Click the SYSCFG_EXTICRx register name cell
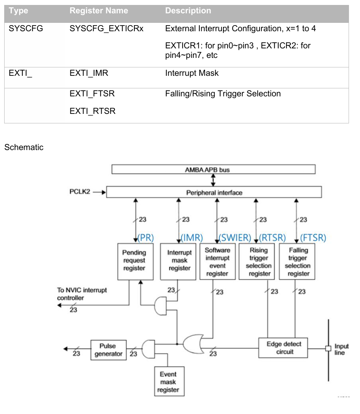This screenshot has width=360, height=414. pos(107,29)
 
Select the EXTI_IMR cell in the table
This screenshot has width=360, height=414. pos(89,73)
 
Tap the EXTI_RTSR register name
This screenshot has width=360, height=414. pos(92,111)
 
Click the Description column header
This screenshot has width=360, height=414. pos(188,11)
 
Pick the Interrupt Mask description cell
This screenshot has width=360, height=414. pos(192,73)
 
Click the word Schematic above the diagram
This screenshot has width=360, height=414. pos(24,147)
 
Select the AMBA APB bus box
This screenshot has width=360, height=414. pos(213,169)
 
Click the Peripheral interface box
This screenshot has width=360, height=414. pos(214,192)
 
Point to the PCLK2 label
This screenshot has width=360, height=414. pos(80,192)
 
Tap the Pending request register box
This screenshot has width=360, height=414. pos(134,261)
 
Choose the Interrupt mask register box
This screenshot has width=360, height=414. pos(179,261)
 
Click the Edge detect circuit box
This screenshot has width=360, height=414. pos(283,347)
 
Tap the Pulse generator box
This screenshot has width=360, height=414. pos(108,350)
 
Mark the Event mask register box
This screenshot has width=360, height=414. pos(168,381)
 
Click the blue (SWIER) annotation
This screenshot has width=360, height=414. pos(235,238)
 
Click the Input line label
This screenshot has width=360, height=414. pos(341,350)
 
